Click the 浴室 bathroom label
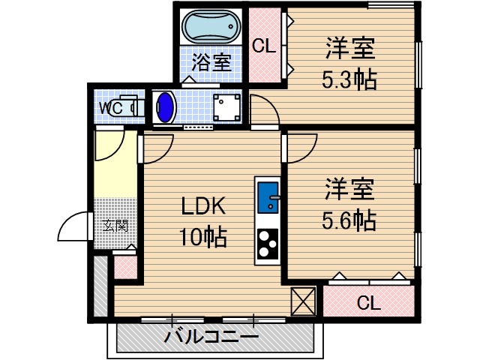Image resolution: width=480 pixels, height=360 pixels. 211,61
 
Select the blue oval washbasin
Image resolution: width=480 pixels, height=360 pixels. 166,108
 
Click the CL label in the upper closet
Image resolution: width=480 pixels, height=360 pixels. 263,46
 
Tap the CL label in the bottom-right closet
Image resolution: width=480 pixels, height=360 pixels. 367,304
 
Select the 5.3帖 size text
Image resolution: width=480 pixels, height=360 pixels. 350,79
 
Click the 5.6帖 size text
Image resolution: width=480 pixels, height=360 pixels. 350,220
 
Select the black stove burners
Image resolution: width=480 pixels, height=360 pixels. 268,242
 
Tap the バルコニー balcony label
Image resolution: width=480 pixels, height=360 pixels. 211,337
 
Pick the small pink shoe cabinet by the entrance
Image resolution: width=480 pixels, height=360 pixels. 124,266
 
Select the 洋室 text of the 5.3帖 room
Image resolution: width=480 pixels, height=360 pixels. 350,49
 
